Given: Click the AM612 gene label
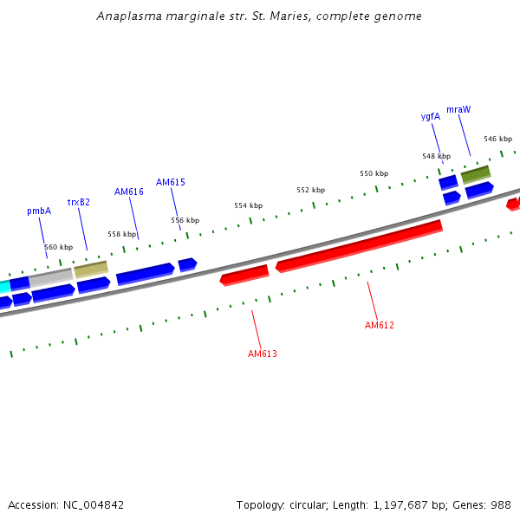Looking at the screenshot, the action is tap(379, 325).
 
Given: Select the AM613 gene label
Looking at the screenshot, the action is tap(262, 354).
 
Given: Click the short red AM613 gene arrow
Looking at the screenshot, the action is tap(244, 275).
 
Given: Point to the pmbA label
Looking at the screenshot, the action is tap(39, 211).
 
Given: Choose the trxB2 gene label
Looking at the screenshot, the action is tap(79, 202).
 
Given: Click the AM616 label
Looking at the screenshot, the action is tap(129, 192).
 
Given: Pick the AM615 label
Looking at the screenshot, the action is tap(171, 182).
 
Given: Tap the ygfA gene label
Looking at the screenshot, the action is tap(431, 116).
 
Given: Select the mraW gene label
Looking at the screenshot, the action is tap(458, 109).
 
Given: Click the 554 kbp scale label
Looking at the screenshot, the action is tap(248, 205).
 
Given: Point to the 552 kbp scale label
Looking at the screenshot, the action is tap(310, 190).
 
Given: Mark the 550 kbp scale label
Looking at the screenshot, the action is tap(374, 173).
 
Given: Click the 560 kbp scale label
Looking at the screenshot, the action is tap(59, 247).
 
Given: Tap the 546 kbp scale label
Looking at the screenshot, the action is tap(497, 139).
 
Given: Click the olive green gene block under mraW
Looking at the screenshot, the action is tap(475, 175).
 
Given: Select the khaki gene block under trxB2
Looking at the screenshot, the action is tap(91, 269).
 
